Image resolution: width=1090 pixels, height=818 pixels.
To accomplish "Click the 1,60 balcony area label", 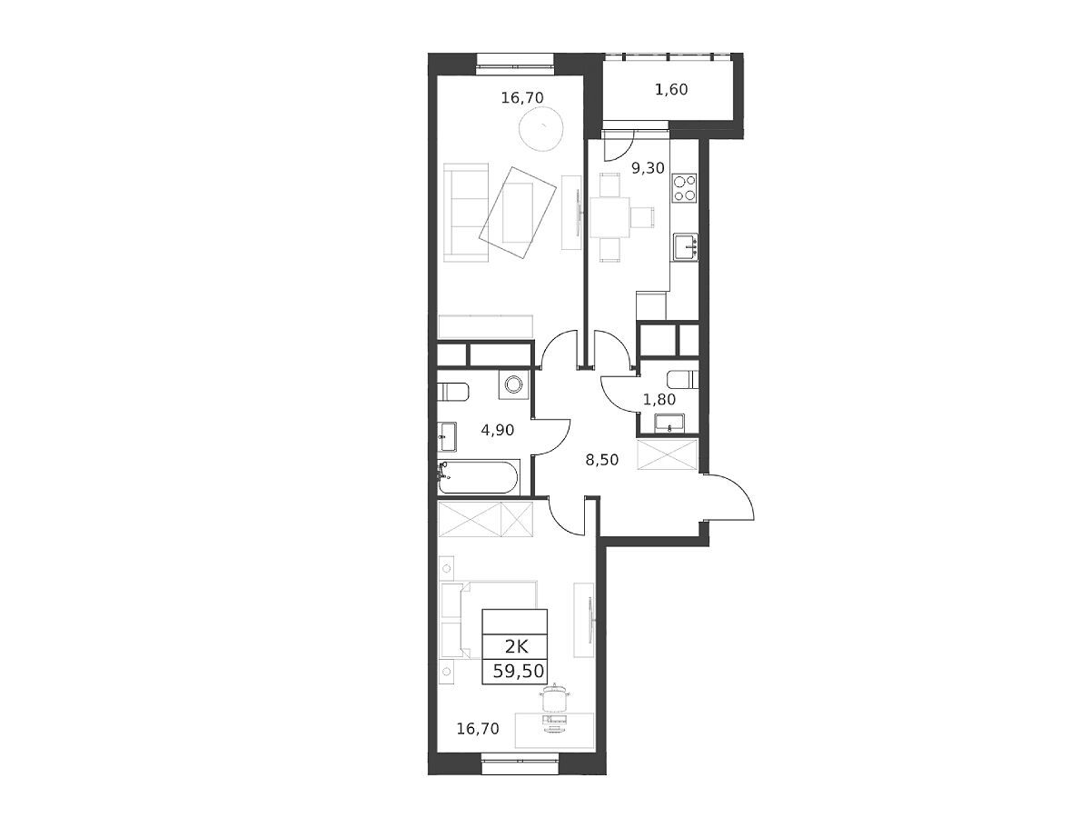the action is (671, 90).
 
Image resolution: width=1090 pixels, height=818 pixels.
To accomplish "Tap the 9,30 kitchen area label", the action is (648, 168).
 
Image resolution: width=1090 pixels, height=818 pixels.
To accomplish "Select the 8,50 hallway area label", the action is (602, 460).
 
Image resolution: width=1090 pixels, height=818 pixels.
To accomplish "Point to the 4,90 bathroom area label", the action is (497, 430).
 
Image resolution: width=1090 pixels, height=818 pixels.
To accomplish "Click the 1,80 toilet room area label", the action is (659, 399).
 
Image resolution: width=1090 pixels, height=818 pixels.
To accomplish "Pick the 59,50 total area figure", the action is (519, 672).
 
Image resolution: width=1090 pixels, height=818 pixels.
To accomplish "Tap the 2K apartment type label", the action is (516, 646).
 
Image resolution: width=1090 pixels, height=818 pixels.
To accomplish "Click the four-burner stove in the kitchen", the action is (685, 188).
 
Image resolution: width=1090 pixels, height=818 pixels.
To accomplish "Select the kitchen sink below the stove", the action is (686, 247).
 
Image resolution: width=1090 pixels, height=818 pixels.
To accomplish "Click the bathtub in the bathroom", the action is (479, 477).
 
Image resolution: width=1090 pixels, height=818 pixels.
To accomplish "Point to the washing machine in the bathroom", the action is (514, 384).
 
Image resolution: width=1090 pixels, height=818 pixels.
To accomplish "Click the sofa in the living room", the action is (466, 213).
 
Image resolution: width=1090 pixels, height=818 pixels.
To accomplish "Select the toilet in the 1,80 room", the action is (683, 381).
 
